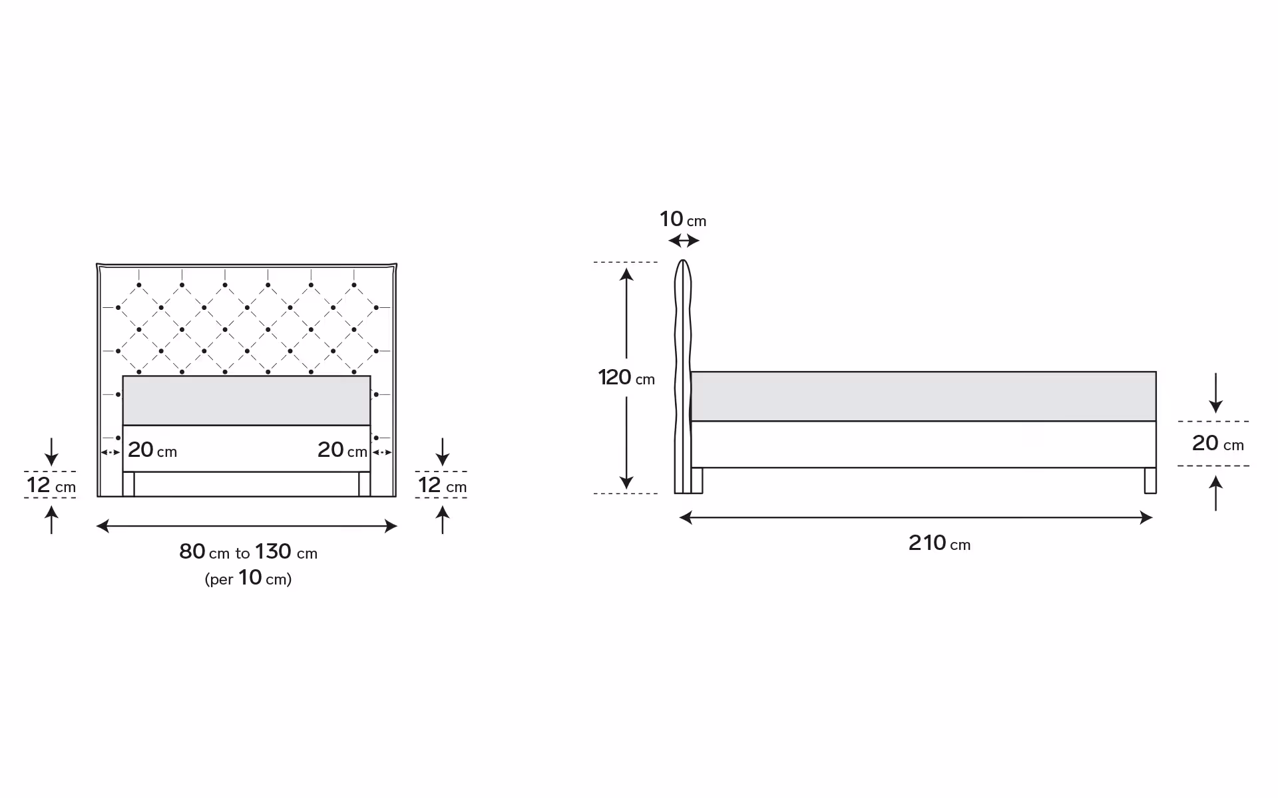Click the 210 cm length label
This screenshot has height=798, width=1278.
939,543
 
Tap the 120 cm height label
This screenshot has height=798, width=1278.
626,378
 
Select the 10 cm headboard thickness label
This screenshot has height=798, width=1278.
683,219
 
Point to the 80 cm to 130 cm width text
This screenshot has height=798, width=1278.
248,551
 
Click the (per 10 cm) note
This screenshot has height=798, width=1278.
248,578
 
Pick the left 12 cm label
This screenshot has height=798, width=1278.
51,485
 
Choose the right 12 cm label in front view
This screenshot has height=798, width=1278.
443,485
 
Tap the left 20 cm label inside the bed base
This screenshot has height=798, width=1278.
152,450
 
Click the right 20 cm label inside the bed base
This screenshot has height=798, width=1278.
343,450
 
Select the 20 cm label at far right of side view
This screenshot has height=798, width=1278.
1218,443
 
